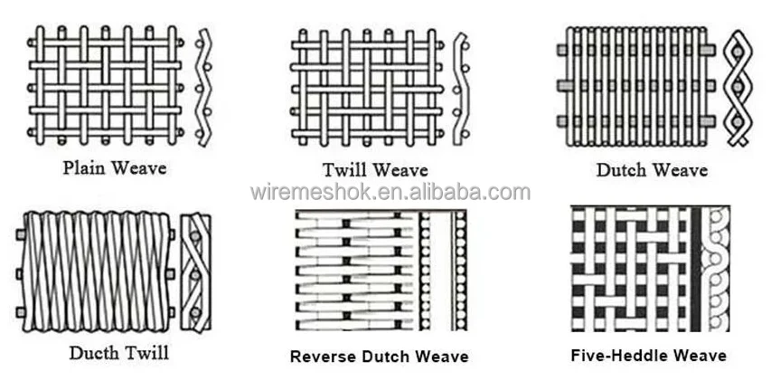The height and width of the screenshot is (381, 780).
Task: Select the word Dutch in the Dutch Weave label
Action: coord(621,170)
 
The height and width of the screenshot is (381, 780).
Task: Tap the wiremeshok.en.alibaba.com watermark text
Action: coord(390,192)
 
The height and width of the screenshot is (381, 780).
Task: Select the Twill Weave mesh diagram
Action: coord(367,87)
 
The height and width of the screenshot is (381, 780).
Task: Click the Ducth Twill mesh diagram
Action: coord(94,271)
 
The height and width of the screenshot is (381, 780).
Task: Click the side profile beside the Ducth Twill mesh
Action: coord(195,272)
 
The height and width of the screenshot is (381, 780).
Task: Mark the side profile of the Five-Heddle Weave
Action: coord(716,268)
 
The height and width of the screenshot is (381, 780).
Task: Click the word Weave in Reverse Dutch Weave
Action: coord(442,357)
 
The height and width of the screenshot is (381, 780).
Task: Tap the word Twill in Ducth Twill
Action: coord(144,352)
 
